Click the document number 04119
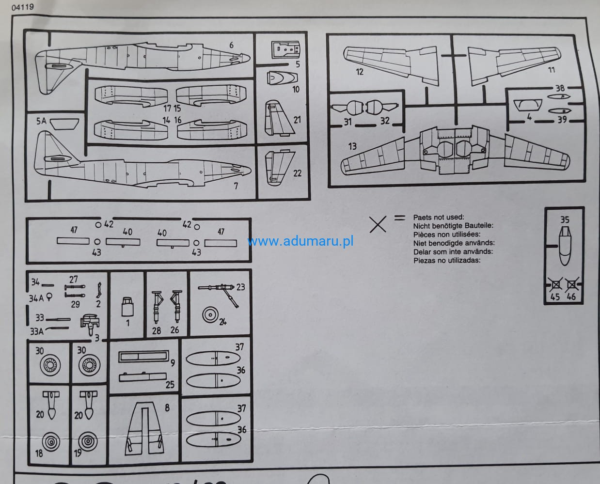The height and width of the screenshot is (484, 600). click(x=23, y=7)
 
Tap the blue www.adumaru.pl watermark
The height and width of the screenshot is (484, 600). click(x=300, y=241)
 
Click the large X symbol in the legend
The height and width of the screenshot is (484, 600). click(x=378, y=224)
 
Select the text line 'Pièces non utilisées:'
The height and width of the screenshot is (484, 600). click(x=447, y=234)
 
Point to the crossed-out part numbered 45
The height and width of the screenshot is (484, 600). click(x=555, y=285)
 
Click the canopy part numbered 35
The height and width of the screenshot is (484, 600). click(x=565, y=246)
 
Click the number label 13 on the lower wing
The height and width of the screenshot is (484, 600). click(x=352, y=146)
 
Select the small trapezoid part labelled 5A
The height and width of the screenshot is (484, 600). click(x=64, y=124)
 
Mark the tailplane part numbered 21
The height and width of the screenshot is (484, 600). click(x=279, y=119)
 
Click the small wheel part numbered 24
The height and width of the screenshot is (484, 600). click(x=210, y=315)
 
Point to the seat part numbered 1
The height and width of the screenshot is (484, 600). click(x=127, y=307)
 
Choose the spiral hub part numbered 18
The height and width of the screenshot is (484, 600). click(x=51, y=442)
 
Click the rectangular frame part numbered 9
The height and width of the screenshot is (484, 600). click(x=143, y=356)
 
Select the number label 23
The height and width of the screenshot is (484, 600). click(x=240, y=287)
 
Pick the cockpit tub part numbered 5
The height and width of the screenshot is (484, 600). click(x=286, y=49)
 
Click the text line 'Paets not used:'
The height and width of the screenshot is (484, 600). click(x=439, y=217)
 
